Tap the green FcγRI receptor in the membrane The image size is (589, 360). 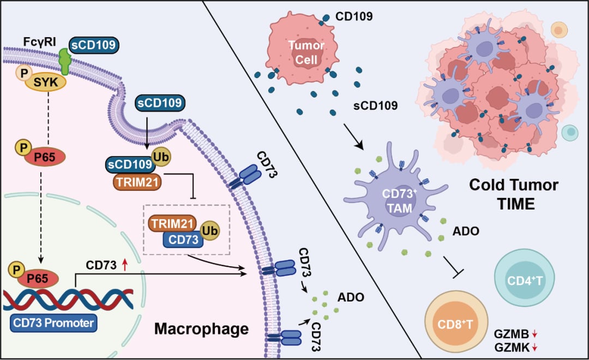(x=65, y=61)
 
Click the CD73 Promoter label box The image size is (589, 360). (x=54, y=323)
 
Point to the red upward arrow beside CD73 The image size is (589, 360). (x=125, y=266)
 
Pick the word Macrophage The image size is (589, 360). (x=201, y=329)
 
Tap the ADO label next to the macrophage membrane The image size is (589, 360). (x=351, y=298)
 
